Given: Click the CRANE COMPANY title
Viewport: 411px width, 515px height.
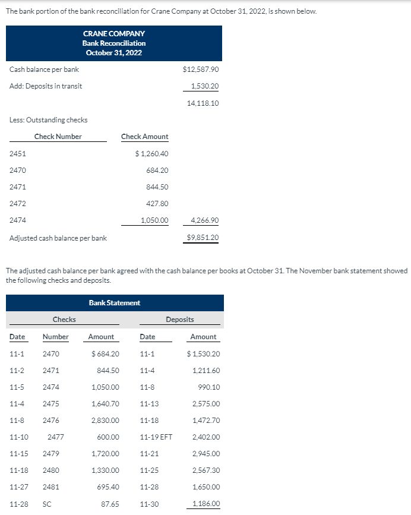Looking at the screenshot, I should (114, 34).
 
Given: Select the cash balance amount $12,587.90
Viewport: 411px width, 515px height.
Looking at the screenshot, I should (201, 69).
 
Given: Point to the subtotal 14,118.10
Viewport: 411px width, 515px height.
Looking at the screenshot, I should (203, 103).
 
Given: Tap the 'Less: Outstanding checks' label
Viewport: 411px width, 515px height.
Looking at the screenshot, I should (49, 120).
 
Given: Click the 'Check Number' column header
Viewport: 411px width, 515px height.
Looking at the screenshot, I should (58, 137).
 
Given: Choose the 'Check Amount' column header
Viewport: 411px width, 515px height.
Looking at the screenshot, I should (144, 137).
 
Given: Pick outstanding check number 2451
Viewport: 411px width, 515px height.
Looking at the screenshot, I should (18, 154).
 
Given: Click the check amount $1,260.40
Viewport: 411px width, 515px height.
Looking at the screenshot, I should (152, 154).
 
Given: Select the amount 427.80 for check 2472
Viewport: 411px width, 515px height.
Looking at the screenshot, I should (157, 204).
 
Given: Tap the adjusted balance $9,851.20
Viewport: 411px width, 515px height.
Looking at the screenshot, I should (203, 238).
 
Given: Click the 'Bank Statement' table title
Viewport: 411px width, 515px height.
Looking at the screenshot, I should (115, 303).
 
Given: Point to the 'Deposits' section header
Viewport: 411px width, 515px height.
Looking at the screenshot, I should (180, 320).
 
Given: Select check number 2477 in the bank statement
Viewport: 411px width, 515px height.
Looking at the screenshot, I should (56, 437).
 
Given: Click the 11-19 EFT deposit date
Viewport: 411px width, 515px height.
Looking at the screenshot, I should (156, 437).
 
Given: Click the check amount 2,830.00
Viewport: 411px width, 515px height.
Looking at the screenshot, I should (105, 421).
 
